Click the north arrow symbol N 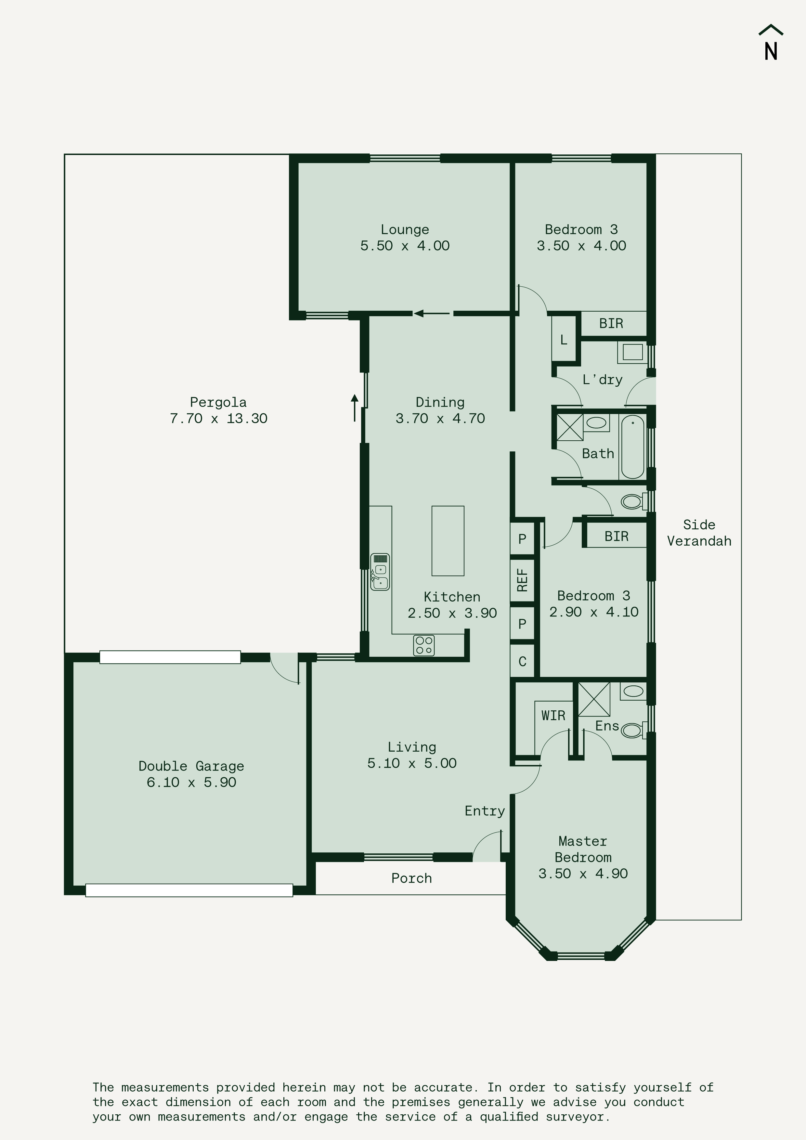pos(771,43)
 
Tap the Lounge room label pos(405,229)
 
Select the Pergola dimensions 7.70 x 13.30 pos(218,419)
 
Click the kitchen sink pos(380,572)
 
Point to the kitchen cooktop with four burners pos(423,645)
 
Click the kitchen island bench pos(448,541)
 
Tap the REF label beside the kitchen pos(522,580)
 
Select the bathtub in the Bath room pos(632,447)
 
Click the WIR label pos(553,716)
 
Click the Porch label pos(412,878)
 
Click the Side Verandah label pos(699,533)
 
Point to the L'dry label pos(603,380)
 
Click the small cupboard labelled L pos(564,340)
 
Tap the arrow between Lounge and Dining pos(432,313)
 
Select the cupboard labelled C pos(522,661)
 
